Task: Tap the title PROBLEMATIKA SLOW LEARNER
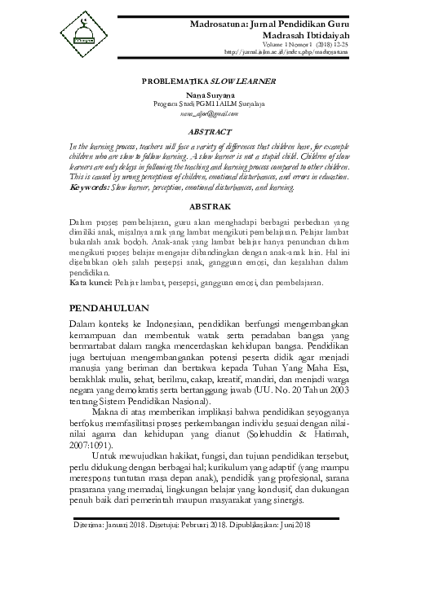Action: coord(210,81)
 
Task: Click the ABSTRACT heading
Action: coord(210,130)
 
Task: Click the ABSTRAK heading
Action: coord(210,208)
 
